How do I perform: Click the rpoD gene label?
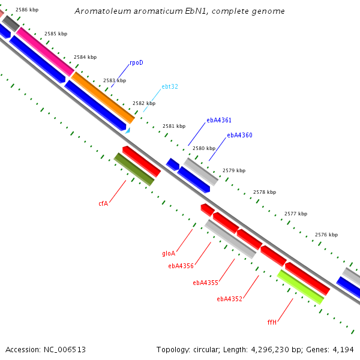(x=136, y=62)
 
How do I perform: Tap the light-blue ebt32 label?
(x=170, y=86)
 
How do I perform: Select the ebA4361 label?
(x=219, y=120)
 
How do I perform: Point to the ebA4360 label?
(x=239, y=135)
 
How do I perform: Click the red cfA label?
(x=103, y=203)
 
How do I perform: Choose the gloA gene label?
(x=169, y=253)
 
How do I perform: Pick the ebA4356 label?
(x=181, y=266)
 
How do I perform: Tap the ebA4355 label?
(x=205, y=283)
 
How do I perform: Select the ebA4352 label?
(x=230, y=299)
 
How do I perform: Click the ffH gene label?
(x=272, y=322)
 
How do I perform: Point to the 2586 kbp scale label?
(x=27, y=10)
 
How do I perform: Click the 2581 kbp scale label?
(x=174, y=126)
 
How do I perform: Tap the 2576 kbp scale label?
(x=326, y=235)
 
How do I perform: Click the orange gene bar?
(x=103, y=98)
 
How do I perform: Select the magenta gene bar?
(x=45, y=52)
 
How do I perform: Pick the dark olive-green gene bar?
(x=134, y=169)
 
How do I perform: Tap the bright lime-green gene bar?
(x=301, y=287)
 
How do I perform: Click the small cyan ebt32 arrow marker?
(x=128, y=131)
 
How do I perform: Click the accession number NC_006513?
(x=65, y=350)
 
